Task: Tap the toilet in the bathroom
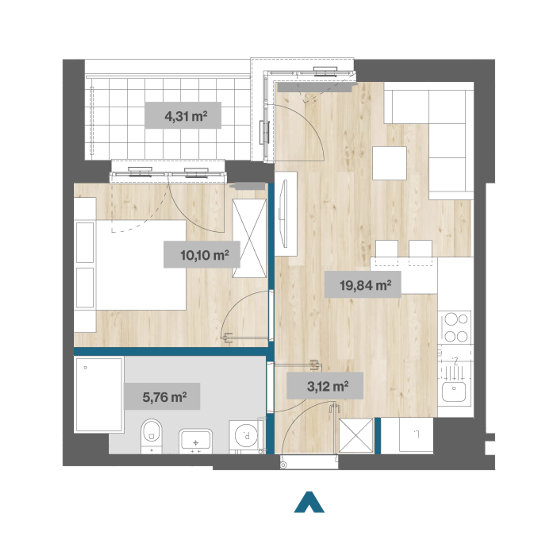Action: pyautogui.click(x=151, y=436)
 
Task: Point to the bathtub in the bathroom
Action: pyautogui.click(x=99, y=395)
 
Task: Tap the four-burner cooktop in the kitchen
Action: pyautogui.click(x=456, y=327)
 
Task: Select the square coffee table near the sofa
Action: pyautogui.click(x=389, y=163)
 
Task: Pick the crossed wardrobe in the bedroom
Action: pyautogui.click(x=249, y=238)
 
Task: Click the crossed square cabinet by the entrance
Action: pyautogui.click(x=356, y=436)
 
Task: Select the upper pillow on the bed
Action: pyautogui.click(x=85, y=243)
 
